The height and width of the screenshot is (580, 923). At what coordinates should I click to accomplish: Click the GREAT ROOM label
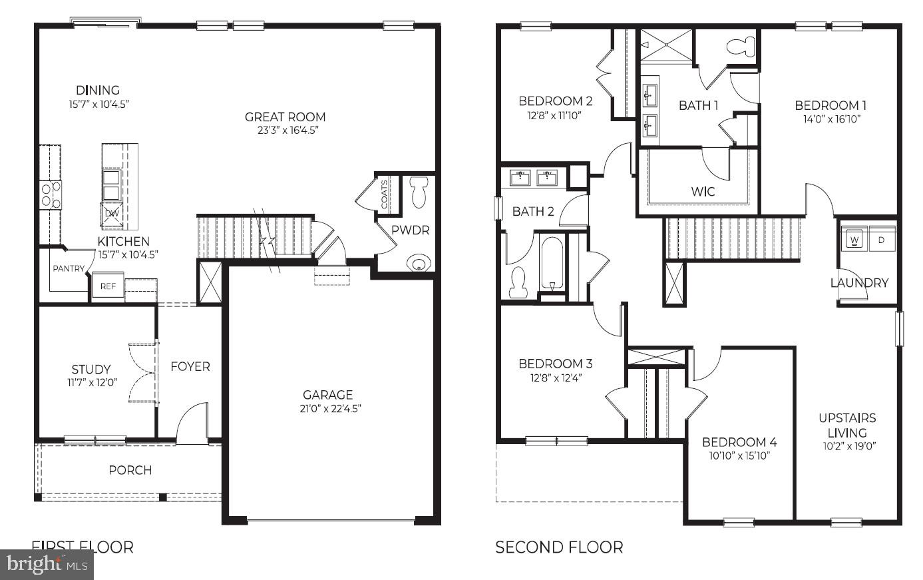point(285,117)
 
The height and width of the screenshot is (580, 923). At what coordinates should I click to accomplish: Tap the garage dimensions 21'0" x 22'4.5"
point(330,409)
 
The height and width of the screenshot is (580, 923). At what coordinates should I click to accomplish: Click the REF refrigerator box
point(108,286)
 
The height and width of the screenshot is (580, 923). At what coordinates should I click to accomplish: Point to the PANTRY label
point(69,268)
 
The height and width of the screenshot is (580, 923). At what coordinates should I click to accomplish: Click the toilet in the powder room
point(419,192)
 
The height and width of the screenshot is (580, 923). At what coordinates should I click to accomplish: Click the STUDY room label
point(91,370)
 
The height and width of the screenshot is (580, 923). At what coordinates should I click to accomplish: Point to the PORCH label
point(130,470)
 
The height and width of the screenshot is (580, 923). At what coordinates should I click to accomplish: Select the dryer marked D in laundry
point(881,239)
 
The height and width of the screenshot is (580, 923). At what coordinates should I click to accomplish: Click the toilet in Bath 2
point(518,282)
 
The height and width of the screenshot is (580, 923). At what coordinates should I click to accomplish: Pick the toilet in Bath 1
point(741,47)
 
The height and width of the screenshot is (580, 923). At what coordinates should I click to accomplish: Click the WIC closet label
point(703,192)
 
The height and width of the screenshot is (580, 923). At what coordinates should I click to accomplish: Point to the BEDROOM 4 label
point(739,442)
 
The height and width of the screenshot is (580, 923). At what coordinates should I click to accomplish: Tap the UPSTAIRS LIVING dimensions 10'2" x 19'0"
point(847,446)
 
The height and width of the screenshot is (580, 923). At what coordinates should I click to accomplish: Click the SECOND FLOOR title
point(559,547)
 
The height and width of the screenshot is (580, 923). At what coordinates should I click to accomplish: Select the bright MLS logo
point(47,565)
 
